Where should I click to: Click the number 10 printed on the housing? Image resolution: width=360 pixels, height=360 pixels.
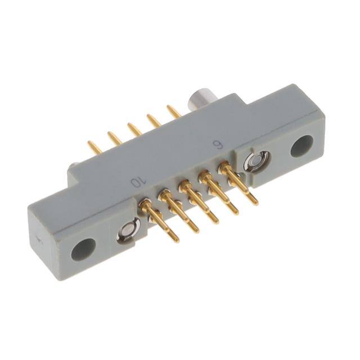point(138,182)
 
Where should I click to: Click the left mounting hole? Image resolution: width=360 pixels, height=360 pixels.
point(83,249)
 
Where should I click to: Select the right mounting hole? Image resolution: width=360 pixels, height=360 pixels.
point(301,146)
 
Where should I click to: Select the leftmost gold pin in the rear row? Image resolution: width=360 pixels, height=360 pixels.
point(95,146)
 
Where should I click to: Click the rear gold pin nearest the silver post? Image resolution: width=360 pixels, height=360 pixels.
point(173,111)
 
